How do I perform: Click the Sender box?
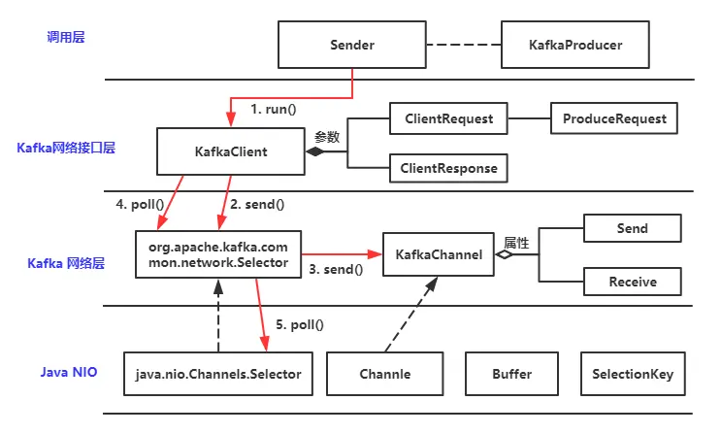pos(352,45)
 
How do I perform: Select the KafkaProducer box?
pos(575,45)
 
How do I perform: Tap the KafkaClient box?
pos(231,151)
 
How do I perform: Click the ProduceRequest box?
pos(613,119)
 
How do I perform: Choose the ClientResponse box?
pos(448,168)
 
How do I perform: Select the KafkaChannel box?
pos(439,255)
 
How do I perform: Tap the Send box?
pos(633,229)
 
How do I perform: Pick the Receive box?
pos(633,282)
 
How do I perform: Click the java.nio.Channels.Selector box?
pos(219,374)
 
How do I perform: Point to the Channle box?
pos(385,374)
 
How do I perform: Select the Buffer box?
pos(511,374)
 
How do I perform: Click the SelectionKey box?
pos(633,374)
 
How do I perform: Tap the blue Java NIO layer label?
pos(68,372)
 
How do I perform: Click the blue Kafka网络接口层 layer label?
pos(66,149)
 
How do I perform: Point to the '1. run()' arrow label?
pos(273,110)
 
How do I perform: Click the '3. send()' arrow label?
pos(335,270)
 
